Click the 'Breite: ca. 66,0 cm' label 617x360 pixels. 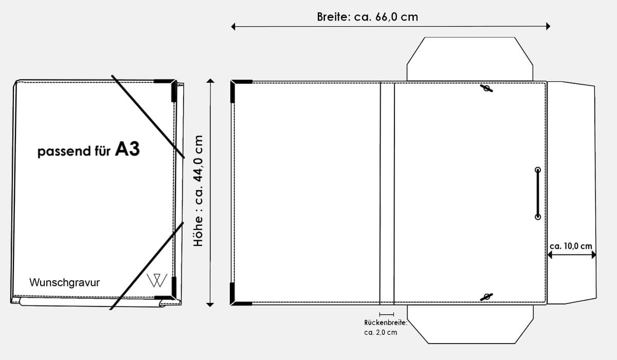367,16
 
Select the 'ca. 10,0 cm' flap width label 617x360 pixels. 571,246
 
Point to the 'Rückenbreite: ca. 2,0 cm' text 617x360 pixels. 385,327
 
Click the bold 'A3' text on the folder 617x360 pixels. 127,149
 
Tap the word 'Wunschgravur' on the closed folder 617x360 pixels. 65,282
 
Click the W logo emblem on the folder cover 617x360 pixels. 156,280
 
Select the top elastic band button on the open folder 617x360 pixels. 486,89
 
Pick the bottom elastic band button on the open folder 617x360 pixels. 486,296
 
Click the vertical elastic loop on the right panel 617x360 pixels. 537,193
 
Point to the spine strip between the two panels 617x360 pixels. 387,193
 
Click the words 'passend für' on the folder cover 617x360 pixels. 74,152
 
